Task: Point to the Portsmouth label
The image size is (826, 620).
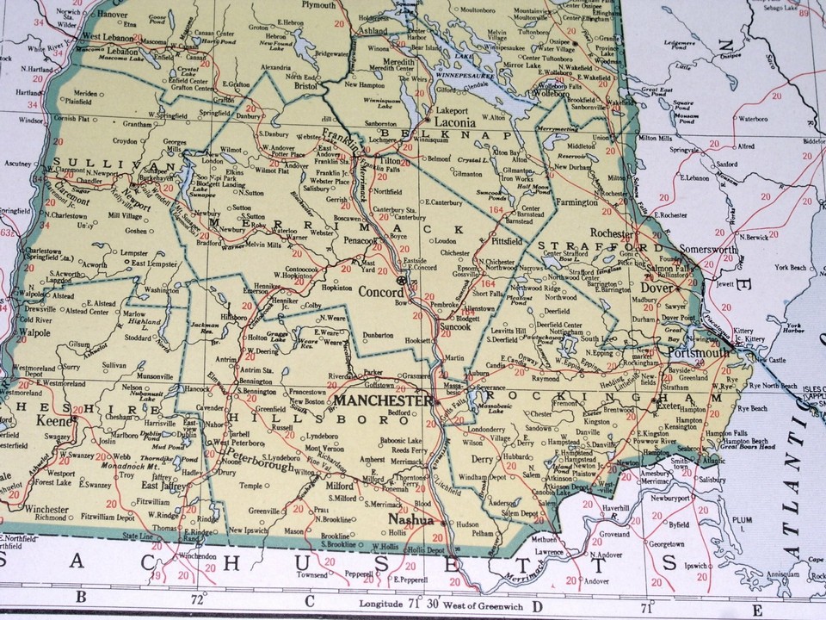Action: tap(704, 354)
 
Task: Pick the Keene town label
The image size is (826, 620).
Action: tap(53, 422)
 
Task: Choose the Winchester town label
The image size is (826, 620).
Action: tap(46, 509)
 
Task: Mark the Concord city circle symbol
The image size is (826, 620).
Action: tap(400, 281)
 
